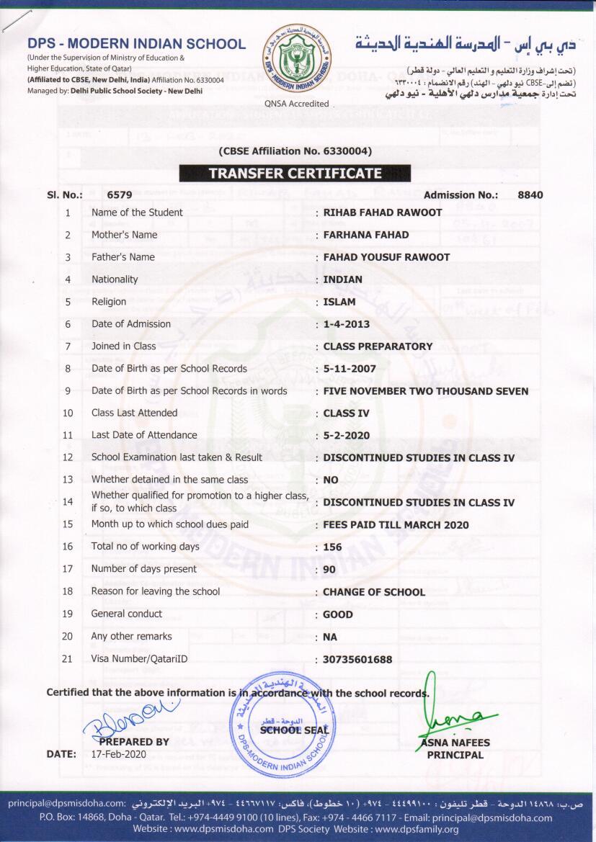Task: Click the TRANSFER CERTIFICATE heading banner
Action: point(295,173)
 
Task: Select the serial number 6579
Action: point(120,194)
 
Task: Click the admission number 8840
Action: point(530,194)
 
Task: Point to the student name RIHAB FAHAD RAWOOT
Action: point(383,212)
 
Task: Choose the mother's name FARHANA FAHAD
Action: point(366,235)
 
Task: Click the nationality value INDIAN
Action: point(343,279)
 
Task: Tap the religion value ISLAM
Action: point(339,302)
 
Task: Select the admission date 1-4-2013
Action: point(347,324)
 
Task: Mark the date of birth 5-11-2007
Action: point(350,369)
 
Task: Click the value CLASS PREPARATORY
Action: point(378,346)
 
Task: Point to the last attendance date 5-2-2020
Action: point(347,436)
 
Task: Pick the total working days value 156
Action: point(332,547)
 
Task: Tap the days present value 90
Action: point(329,570)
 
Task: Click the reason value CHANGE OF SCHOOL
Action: point(374,592)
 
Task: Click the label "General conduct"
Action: point(127,614)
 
